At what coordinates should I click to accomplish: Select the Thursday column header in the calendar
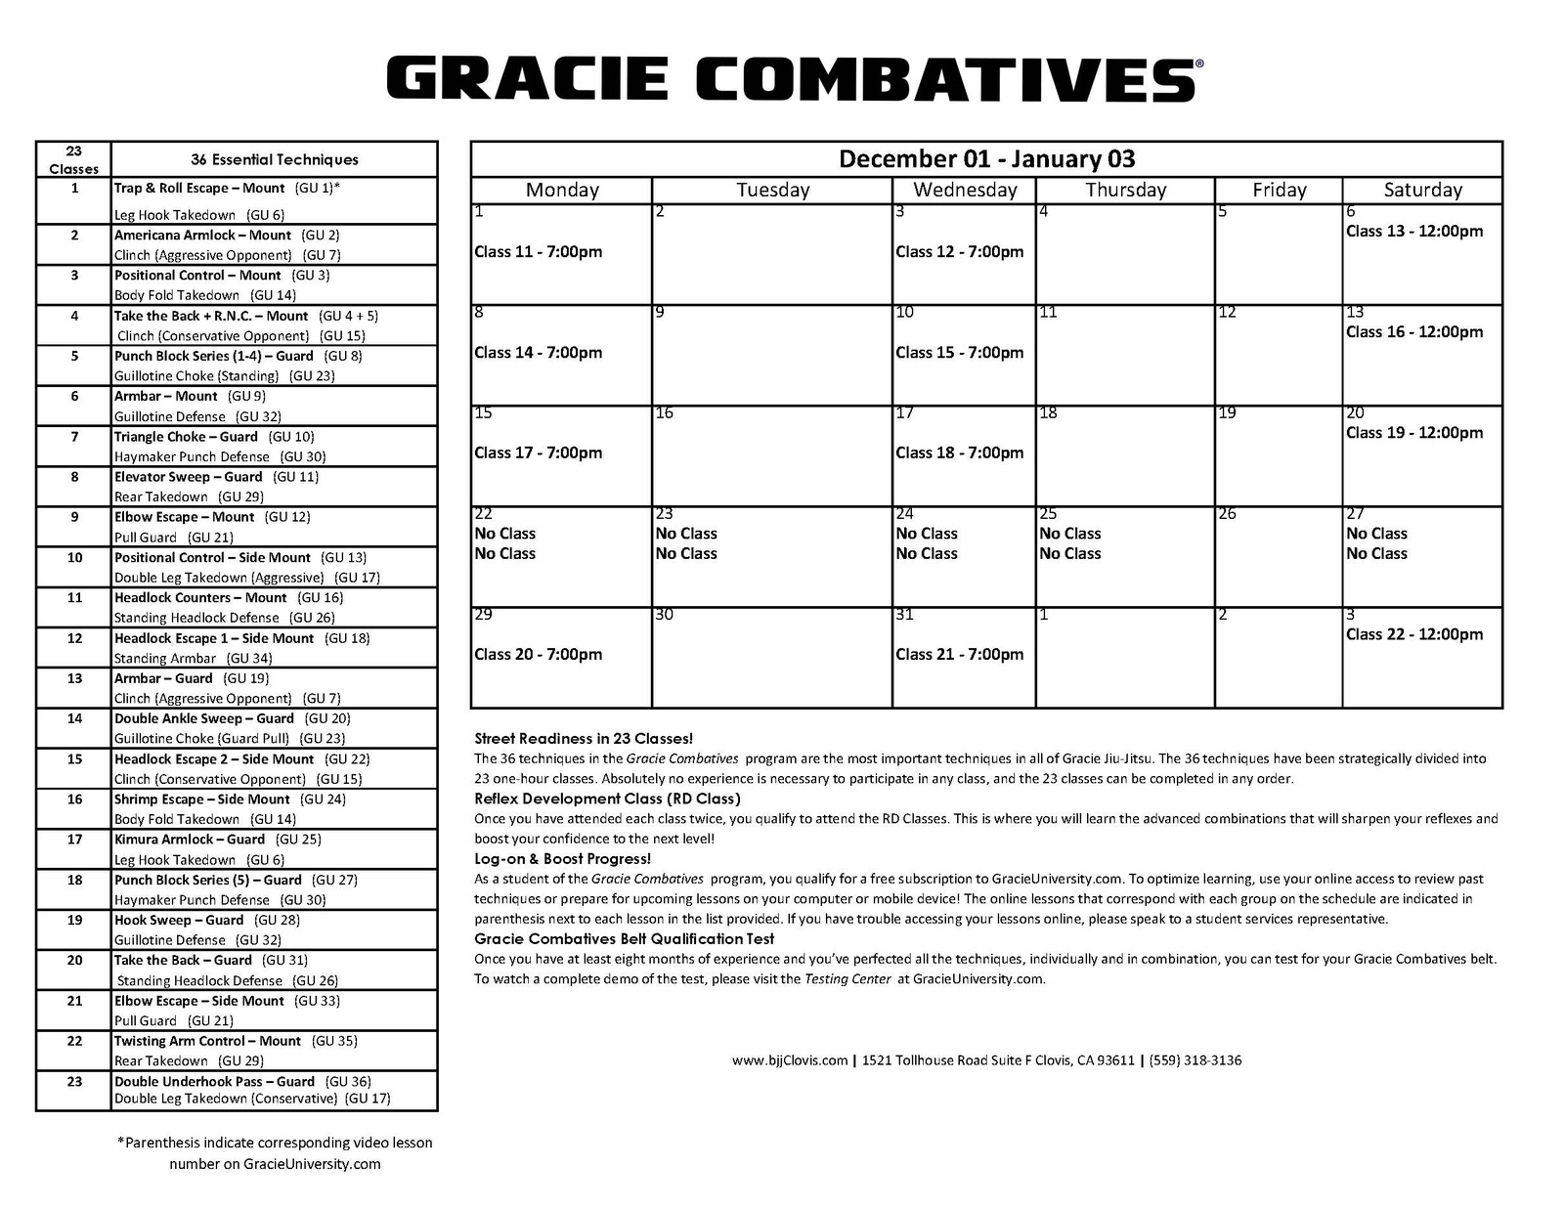pos(1125,190)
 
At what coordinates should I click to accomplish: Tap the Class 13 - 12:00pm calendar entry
pos(1413,232)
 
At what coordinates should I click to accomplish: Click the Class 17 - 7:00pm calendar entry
pos(538,453)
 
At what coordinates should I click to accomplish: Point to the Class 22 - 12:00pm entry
pos(1413,634)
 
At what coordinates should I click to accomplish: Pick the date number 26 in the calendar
pos(1227,514)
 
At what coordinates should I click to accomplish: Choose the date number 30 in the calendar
pos(664,615)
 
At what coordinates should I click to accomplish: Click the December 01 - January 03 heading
pos(986,158)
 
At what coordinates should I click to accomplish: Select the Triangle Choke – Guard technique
pos(186,437)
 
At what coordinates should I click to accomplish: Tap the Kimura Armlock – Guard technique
pos(190,840)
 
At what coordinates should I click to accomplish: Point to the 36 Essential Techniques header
pos(274,159)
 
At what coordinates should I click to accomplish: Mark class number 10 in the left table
pos(74,557)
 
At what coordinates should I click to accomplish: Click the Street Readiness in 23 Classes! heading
pos(584,738)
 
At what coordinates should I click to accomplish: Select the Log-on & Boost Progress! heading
pos(562,858)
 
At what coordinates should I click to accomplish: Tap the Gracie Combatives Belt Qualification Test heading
pos(624,938)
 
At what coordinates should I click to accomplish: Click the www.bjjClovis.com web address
pos(789,1060)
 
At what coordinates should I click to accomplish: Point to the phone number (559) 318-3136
pos(1195,1060)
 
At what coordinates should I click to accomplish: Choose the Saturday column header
pos(1422,190)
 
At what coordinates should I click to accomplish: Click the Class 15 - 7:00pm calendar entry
pos(959,352)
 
